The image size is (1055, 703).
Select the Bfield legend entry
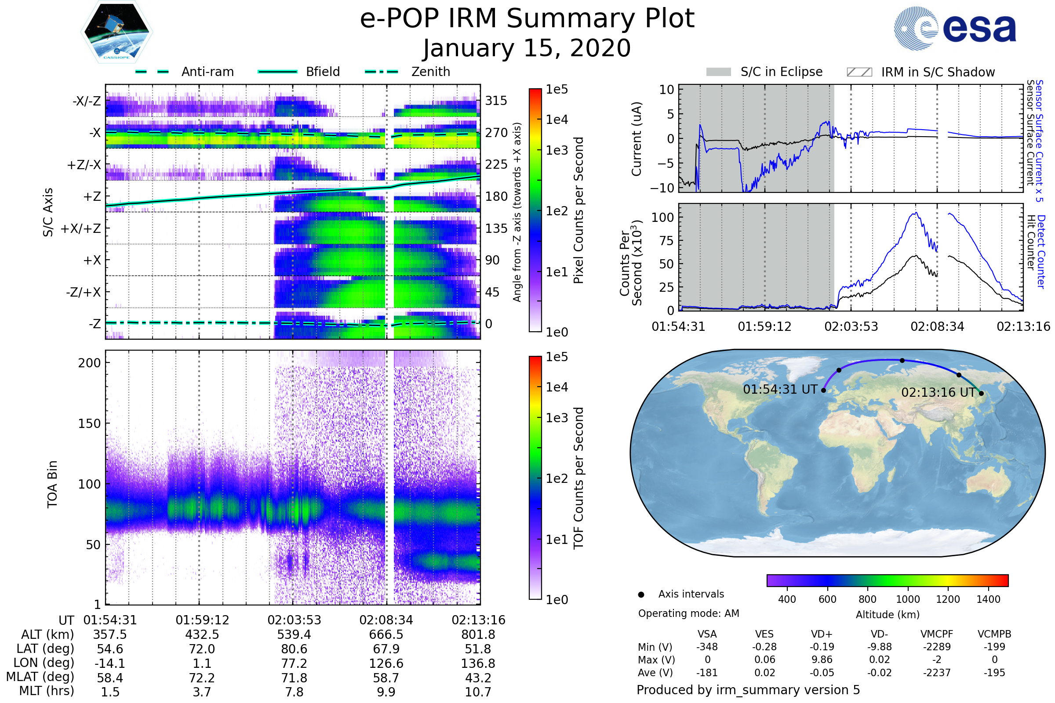point(323,72)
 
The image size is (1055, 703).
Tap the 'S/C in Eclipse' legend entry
point(781,72)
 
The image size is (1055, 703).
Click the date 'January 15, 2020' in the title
point(527,48)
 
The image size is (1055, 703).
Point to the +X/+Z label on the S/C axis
point(81,228)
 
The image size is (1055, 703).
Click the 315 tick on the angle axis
point(496,101)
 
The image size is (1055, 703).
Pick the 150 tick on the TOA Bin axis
point(89,423)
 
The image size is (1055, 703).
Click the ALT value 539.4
point(294,634)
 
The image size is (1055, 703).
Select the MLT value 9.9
point(386,692)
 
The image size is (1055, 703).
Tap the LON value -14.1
point(110,663)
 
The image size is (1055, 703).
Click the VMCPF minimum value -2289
point(937,647)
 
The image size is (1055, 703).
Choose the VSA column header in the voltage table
point(707,634)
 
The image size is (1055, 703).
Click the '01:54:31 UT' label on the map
point(780,389)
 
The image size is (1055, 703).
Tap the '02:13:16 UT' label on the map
point(939,392)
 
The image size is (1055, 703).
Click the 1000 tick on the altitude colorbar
point(907,599)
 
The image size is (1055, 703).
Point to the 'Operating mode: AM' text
point(688,613)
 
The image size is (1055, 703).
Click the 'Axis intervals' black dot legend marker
point(641,594)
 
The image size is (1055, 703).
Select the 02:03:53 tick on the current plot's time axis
point(851,326)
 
